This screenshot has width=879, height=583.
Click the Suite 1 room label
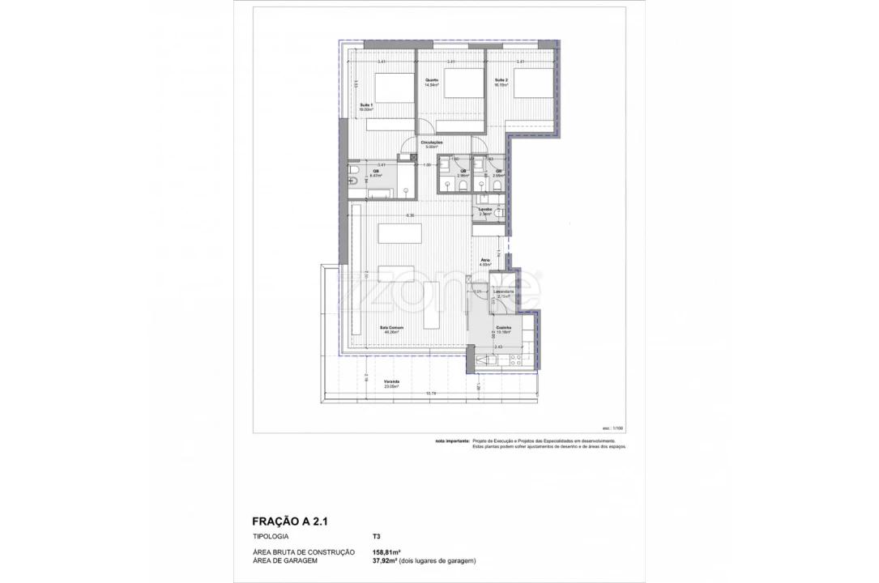coord(366,106)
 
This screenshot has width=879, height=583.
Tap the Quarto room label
coord(432,80)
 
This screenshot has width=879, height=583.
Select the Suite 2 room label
coord(501,80)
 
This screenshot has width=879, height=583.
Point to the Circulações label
coord(431,143)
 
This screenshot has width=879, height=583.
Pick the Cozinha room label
coord(503,329)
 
